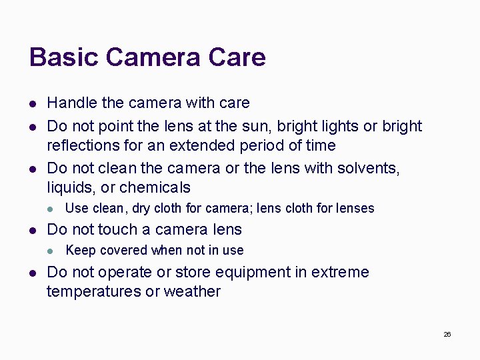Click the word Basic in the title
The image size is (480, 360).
coord(63,57)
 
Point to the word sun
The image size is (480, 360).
coord(271,127)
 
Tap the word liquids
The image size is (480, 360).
coord(70,188)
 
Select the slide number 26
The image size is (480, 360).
coord(447,334)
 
